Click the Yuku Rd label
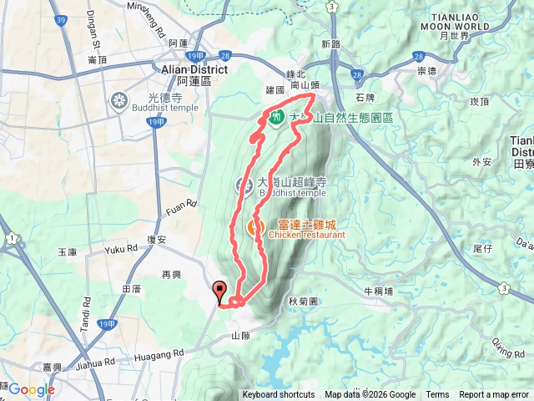coord(121,249)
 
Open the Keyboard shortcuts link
coord(279,395)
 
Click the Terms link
coord(437,395)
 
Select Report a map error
coord(494,395)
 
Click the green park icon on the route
coord(275,116)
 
